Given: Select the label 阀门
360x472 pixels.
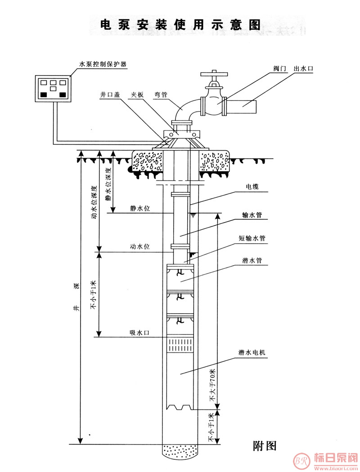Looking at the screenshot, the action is (x=280, y=69).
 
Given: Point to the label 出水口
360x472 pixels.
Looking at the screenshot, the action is (x=303, y=69).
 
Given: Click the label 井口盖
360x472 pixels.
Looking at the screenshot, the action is (x=110, y=94).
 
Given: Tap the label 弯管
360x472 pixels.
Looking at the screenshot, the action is (x=161, y=95).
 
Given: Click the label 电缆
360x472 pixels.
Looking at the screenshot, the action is (x=252, y=187).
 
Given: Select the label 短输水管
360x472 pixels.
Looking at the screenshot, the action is (x=252, y=238).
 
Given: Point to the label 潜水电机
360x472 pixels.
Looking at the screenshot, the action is (x=252, y=352).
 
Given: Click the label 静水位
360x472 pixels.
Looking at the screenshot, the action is (x=140, y=208).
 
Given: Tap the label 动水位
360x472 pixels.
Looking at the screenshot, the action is (x=139, y=246).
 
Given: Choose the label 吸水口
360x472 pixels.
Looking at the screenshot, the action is (x=139, y=333).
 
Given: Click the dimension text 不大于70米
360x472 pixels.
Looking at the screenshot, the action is (x=213, y=385).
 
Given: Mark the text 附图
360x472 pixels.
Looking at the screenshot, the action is (x=264, y=445).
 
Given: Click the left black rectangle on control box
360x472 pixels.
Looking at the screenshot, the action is (x=43, y=95).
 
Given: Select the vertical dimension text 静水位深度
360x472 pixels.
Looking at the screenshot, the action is (x=108, y=184).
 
